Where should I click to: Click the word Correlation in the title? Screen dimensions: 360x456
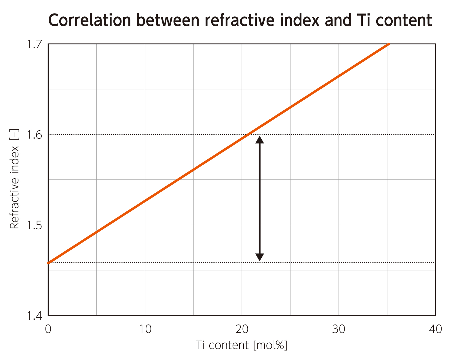[x=89, y=20]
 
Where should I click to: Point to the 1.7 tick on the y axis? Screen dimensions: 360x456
[x=34, y=44]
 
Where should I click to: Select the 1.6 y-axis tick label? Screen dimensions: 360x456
[x=34, y=134]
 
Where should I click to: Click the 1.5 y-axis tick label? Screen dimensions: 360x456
[x=34, y=225]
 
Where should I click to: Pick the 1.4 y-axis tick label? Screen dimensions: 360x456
[x=34, y=316]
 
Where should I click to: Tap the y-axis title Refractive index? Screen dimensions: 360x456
[x=14, y=179]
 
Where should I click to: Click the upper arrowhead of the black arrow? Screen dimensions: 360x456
[x=260, y=140]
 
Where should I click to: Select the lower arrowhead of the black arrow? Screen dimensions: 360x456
[x=260, y=257]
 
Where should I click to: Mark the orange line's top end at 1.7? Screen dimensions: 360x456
[x=388, y=44]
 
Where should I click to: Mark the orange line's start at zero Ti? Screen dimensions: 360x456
[x=49, y=263]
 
